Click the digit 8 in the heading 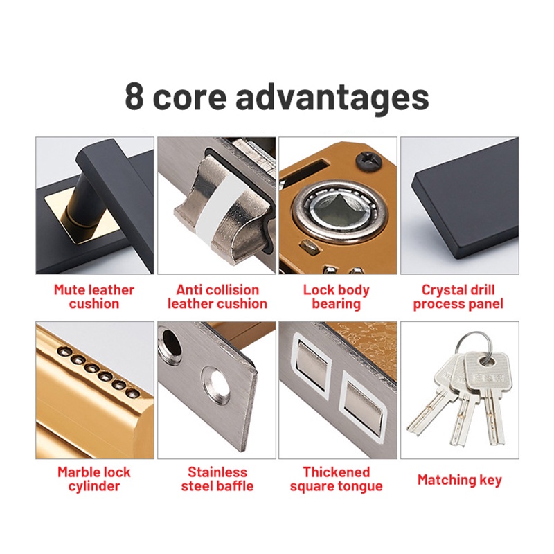coord(134,96)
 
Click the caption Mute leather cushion coord(94,297)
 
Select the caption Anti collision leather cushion coord(217,297)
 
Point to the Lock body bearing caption coord(337,297)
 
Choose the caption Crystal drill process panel coord(458,297)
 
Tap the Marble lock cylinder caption coord(94,479)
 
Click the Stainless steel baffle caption coord(217,479)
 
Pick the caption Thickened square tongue coord(337,479)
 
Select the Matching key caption coord(459,480)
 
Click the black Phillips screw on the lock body coord(368,161)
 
